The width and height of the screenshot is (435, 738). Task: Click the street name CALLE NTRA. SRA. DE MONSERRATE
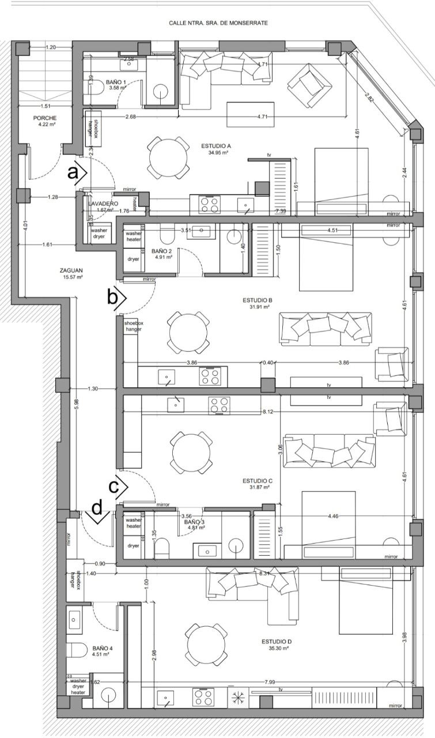(218, 23)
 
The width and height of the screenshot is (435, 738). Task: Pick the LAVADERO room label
(104, 204)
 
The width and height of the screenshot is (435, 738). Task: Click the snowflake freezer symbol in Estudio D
(237, 697)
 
